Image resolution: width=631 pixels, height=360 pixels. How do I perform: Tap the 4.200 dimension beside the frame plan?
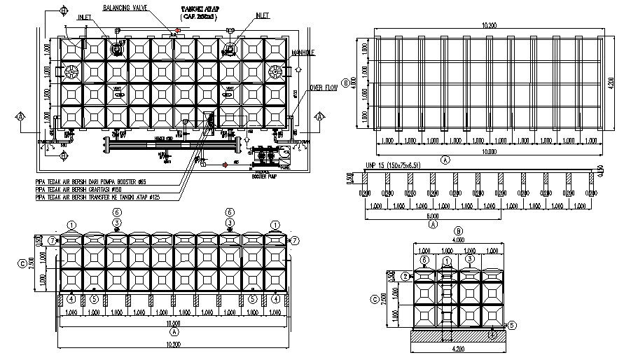click(x=611, y=83)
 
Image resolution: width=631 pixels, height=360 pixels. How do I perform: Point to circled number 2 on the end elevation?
click(x=405, y=277)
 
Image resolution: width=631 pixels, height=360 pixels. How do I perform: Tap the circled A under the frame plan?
click(x=445, y=159)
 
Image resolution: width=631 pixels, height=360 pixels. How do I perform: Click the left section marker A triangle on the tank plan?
click(x=21, y=116)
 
